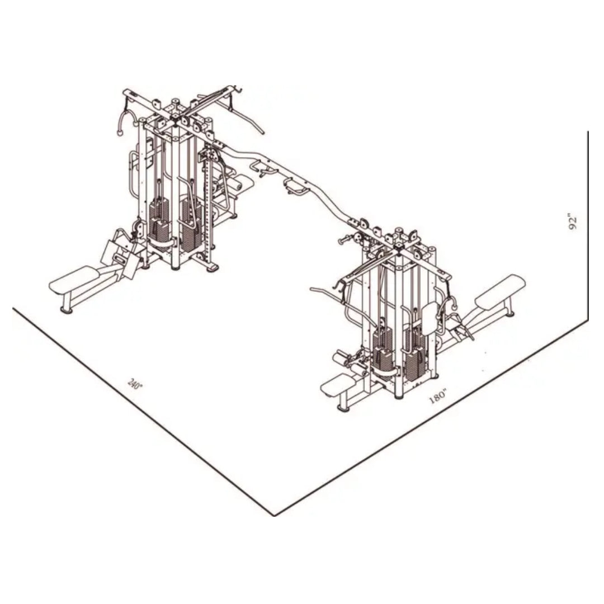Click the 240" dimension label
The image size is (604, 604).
(x=135, y=385)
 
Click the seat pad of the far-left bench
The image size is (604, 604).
(x=73, y=279)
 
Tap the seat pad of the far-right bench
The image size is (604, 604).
(x=500, y=290)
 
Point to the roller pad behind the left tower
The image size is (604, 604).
(x=243, y=182)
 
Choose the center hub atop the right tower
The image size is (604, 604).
(x=399, y=246)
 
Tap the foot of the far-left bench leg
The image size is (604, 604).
(x=66, y=309)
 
